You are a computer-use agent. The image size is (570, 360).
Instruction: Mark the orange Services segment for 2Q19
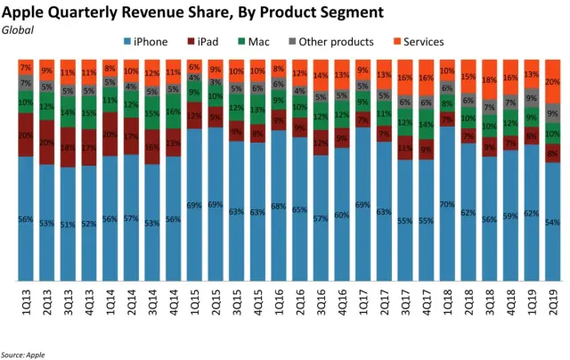553,82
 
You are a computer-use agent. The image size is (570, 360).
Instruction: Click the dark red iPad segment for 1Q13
26,135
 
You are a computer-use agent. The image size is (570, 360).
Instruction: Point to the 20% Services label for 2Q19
553,82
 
